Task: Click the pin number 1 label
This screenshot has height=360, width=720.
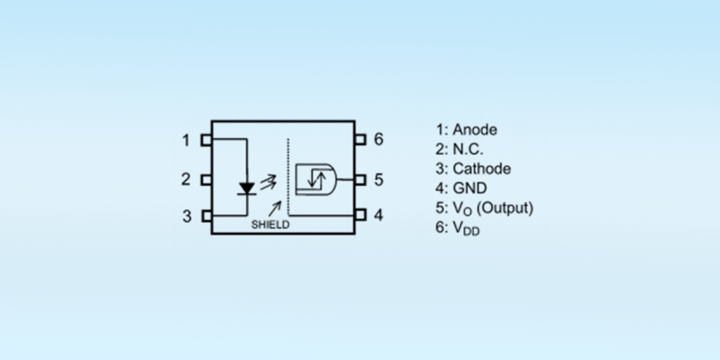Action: [x=186, y=140]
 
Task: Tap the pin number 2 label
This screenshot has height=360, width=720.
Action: [x=186, y=179]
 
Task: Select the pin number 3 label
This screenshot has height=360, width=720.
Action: [x=187, y=216]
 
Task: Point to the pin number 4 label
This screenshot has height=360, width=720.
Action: [x=378, y=215]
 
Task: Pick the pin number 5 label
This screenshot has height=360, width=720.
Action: [x=379, y=180]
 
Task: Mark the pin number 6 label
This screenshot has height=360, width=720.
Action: [x=378, y=139]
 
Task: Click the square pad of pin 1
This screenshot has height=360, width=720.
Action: [x=206, y=140]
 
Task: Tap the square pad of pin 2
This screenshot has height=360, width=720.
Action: [x=206, y=180]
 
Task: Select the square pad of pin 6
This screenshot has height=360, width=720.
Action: [x=360, y=140]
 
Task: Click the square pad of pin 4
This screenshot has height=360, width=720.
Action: [x=360, y=215]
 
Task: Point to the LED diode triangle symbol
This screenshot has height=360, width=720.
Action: [x=246, y=188]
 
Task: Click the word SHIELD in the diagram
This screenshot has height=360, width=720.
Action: [x=270, y=225]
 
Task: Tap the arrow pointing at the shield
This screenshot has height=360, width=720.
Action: [x=275, y=209]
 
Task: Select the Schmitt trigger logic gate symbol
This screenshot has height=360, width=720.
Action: [x=316, y=179]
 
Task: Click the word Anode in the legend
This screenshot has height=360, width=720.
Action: [x=475, y=130]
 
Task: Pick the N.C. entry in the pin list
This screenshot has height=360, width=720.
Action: [x=468, y=149]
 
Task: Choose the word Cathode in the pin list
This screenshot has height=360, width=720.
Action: [x=482, y=169]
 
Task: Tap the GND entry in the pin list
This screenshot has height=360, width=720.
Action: [x=470, y=188]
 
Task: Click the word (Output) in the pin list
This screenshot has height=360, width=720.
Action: [x=505, y=208]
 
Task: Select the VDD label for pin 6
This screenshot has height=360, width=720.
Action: [x=466, y=228]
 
